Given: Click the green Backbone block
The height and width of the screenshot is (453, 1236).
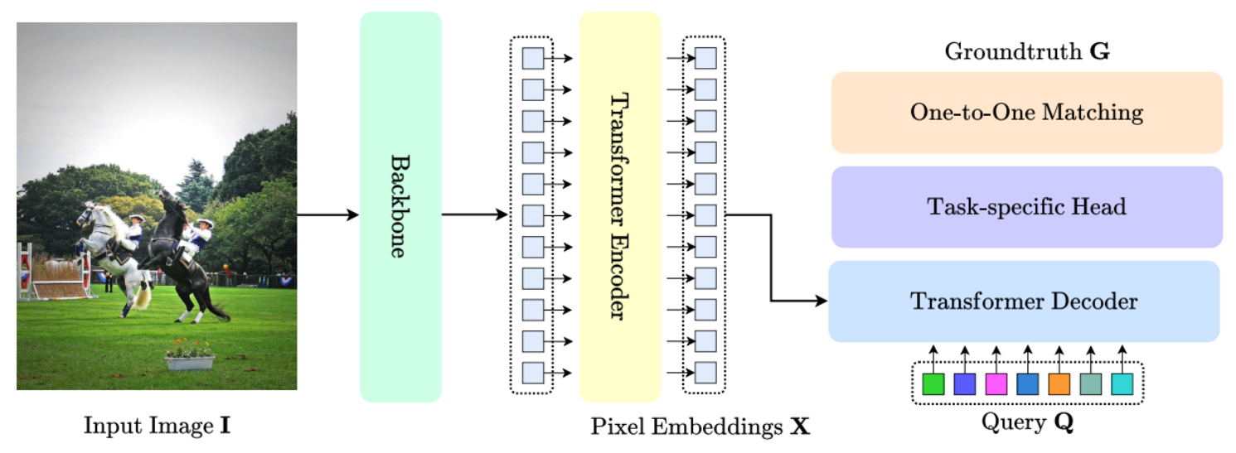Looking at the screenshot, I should [400, 206].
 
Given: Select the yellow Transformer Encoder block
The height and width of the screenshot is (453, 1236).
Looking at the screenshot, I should [619, 206].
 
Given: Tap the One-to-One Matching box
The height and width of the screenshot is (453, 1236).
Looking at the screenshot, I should [1026, 113].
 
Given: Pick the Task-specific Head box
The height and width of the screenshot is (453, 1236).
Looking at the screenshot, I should [1026, 207].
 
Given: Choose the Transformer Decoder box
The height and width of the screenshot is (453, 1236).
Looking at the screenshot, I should [1024, 301].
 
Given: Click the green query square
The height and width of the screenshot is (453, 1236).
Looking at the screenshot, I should [933, 384].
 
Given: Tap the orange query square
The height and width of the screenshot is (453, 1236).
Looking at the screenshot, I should [1059, 384].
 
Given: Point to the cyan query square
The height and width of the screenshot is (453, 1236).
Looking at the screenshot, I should [1122, 384].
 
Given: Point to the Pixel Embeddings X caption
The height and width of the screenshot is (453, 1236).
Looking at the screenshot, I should [700, 427].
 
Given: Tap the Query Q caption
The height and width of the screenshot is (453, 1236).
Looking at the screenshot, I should [1026, 423].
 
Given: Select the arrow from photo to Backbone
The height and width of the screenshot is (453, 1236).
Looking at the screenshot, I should [327, 215].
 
